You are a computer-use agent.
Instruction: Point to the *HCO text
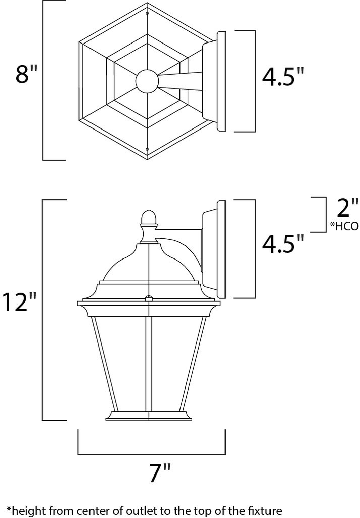344,226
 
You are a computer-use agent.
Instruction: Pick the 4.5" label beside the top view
284,77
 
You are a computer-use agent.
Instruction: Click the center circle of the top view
147,81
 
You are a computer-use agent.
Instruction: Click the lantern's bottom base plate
149,418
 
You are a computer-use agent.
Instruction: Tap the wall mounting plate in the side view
219,249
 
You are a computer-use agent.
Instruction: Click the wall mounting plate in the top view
220,81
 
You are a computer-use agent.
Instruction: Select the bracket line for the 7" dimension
151,454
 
